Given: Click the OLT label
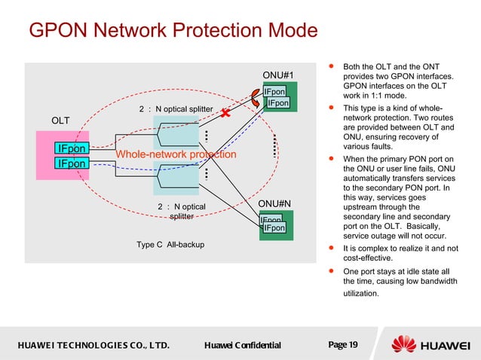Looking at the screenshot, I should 60,121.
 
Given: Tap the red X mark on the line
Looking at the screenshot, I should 224,114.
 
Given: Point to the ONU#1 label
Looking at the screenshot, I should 277,75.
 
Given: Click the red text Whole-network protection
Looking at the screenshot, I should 176,154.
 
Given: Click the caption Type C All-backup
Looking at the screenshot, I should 170,245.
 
